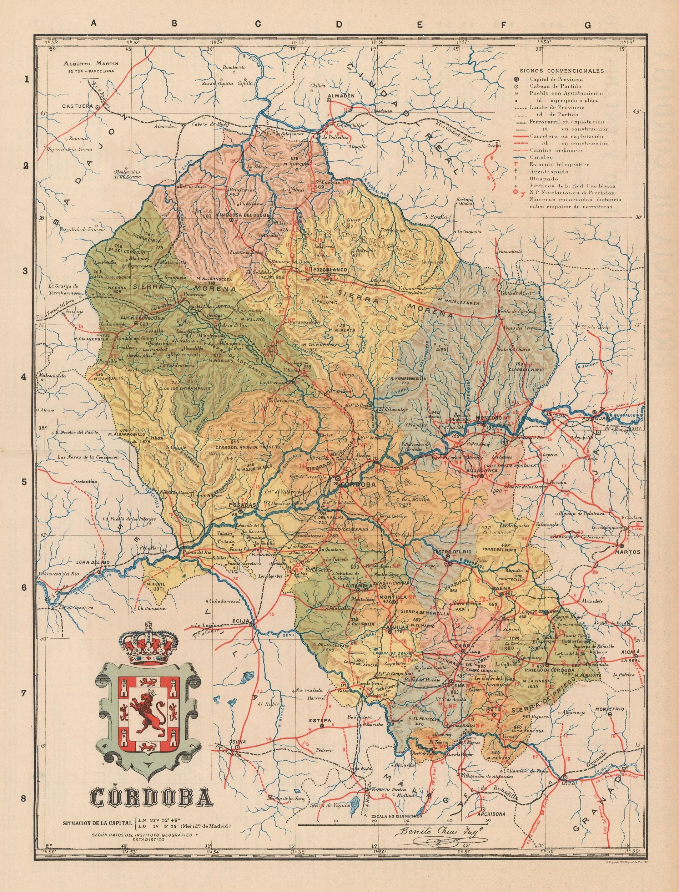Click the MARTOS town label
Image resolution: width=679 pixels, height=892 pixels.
[x=627, y=552]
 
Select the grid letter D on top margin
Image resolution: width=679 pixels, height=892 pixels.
[x=340, y=25]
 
